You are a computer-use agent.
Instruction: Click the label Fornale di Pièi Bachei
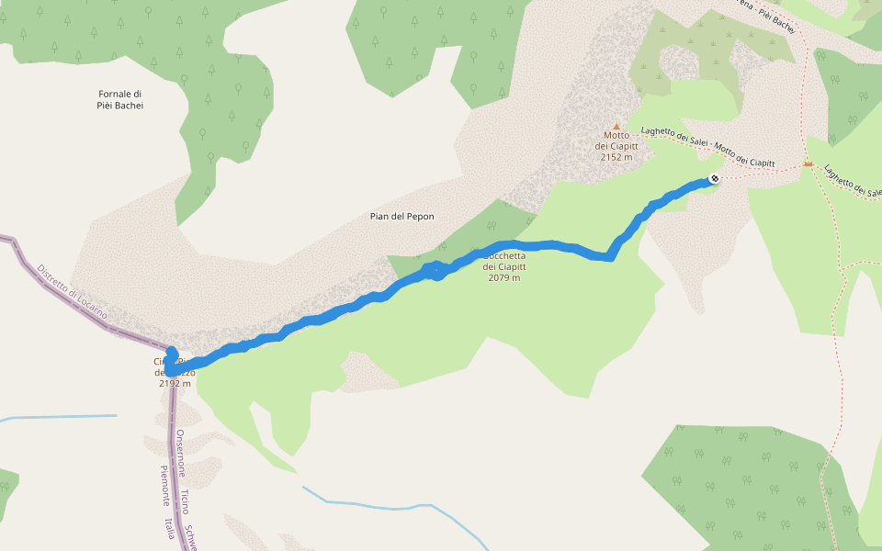[121, 99]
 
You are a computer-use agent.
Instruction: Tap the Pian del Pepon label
[401, 217]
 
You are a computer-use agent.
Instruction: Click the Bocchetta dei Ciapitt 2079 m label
[504, 266]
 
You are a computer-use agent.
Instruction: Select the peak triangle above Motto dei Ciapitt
[616, 127]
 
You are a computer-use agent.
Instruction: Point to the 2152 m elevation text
[616, 157]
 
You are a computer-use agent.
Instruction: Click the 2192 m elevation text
[175, 383]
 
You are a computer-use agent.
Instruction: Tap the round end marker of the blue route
[714, 179]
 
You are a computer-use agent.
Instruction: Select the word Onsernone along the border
[181, 453]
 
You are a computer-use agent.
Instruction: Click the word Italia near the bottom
[170, 527]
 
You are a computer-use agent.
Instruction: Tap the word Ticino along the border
[185, 501]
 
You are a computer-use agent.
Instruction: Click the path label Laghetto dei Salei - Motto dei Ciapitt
[707, 147]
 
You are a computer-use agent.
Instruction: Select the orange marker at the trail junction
[808, 164]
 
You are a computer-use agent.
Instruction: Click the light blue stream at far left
[55, 417]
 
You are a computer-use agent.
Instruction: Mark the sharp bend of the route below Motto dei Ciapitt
[608, 257]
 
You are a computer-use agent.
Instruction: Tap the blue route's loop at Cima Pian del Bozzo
[171, 363]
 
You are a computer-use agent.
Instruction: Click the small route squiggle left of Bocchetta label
[435, 271]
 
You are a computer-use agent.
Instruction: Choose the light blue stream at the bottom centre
[386, 504]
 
